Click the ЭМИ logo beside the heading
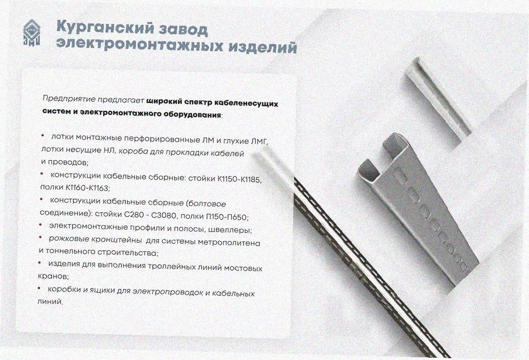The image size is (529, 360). pyautogui.click(x=32, y=33)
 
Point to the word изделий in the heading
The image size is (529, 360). pyautogui.click(x=263, y=47)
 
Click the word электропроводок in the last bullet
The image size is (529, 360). pyautogui.click(x=167, y=292)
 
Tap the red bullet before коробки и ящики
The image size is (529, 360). pyautogui.click(x=39, y=288)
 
